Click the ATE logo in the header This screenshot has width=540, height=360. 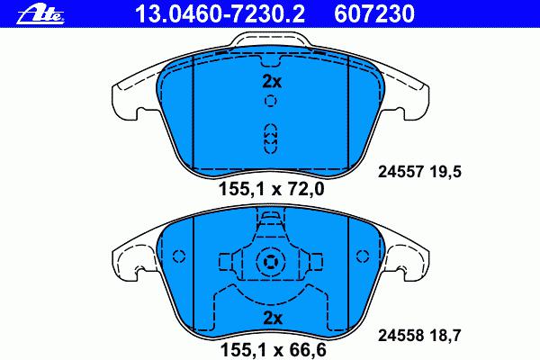tap(40, 14)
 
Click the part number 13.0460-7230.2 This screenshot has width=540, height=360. tap(220, 14)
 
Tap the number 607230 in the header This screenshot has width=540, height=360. tap(374, 14)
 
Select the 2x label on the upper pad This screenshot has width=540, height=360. tap(272, 82)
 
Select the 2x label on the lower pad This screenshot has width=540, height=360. tap(273, 319)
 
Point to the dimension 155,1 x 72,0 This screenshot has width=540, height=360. tap(272, 189)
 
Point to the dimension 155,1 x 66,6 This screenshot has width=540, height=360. tap(273, 350)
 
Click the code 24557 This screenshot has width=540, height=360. tap(400, 172)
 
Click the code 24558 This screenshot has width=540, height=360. tap(400, 335)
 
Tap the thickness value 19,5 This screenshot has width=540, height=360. tap(445, 172)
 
